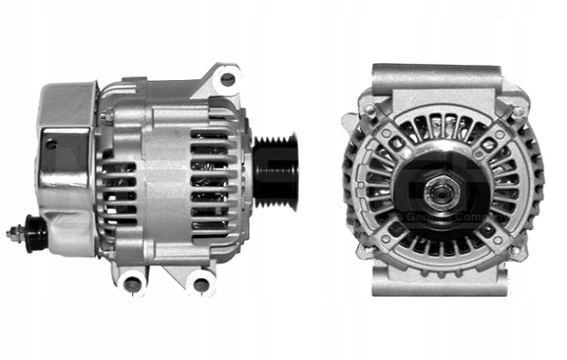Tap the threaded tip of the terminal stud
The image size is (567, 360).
[12, 232]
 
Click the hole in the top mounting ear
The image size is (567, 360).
[228, 79]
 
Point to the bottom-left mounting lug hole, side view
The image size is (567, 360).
[133, 284]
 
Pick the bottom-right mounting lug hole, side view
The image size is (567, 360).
[202, 285]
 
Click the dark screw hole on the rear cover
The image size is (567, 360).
[50, 144]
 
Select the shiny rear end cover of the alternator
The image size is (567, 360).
[65, 166]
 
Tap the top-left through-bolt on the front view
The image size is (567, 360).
[369, 110]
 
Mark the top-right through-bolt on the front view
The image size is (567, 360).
[517, 111]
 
